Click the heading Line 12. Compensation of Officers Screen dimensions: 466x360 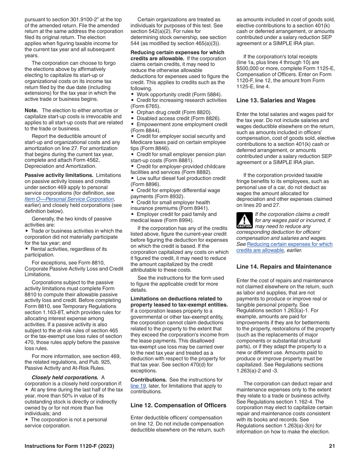tap(178, 405)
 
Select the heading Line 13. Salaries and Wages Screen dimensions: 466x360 tap(276, 100)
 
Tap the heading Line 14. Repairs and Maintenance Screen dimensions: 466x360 tap(284, 267)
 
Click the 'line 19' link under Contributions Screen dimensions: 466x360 tap(138, 386)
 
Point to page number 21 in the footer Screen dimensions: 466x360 tap(332, 446)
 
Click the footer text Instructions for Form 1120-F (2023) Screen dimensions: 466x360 tap(69, 446)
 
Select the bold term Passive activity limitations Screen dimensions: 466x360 tap(59, 175)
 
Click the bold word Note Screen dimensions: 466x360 tap(31, 110)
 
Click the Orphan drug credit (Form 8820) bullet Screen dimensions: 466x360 tap(174, 113)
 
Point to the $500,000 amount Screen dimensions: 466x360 tap(249, 68)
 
